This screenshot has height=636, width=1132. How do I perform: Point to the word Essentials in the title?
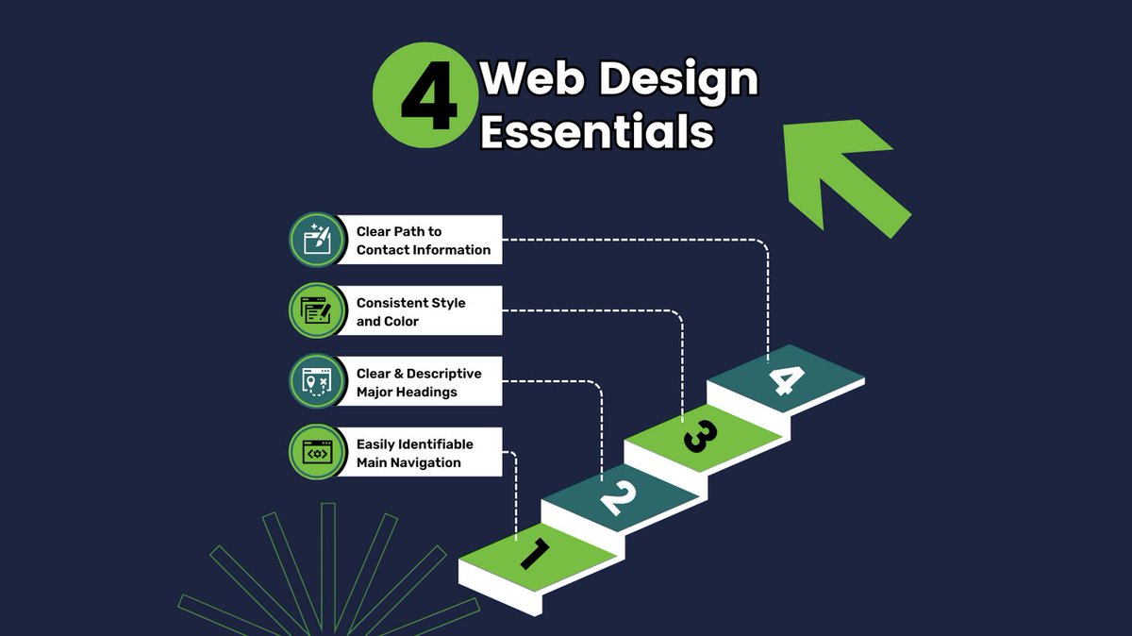pyautogui.click(x=596, y=132)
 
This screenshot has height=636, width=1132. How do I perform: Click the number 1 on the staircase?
pyautogui.click(x=534, y=553)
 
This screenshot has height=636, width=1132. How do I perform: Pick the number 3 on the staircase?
pyautogui.click(x=700, y=435)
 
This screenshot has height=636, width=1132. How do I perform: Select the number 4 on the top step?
pyautogui.click(x=786, y=380)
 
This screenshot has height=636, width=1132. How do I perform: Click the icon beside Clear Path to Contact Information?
pyautogui.click(x=315, y=240)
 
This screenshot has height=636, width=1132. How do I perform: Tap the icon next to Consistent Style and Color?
pyautogui.click(x=315, y=310)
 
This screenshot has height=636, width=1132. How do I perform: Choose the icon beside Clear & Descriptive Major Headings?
pyautogui.click(x=315, y=381)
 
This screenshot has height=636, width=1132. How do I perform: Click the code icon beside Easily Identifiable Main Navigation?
pyautogui.click(x=315, y=452)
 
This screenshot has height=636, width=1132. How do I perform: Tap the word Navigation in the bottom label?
pyautogui.click(x=425, y=462)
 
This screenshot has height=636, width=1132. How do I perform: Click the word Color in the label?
pyautogui.click(x=400, y=321)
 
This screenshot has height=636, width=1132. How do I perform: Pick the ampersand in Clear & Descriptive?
pyautogui.click(x=398, y=374)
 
